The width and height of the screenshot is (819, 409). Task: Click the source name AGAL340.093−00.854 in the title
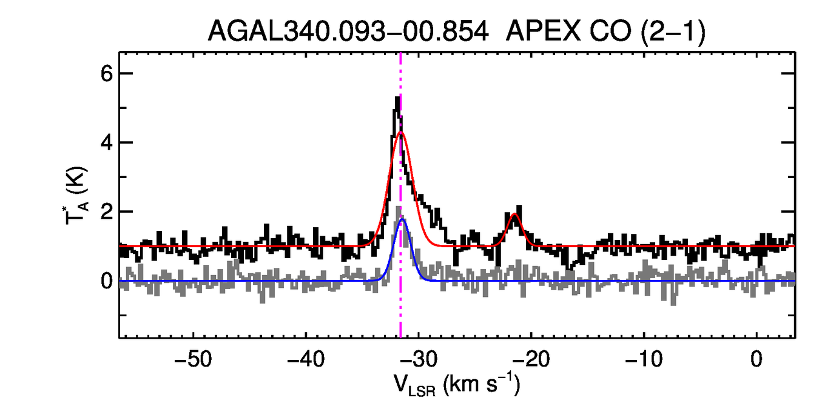(x=348, y=31)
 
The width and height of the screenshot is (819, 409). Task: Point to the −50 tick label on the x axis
(x=193, y=358)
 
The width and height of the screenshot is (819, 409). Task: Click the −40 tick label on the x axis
(x=306, y=358)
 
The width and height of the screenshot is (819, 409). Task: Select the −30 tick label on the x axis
(x=419, y=358)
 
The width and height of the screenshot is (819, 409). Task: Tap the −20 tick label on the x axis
(x=531, y=358)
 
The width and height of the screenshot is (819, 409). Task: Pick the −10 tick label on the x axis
(x=644, y=358)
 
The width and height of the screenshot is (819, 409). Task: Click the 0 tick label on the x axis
(x=757, y=358)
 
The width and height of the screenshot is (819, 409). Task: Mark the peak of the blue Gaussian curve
(x=402, y=219)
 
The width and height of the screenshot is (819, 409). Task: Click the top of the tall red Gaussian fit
(x=401, y=132)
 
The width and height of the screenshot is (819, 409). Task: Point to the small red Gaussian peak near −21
(x=514, y=214)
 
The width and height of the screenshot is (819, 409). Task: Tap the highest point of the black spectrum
(x=397, y=97)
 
